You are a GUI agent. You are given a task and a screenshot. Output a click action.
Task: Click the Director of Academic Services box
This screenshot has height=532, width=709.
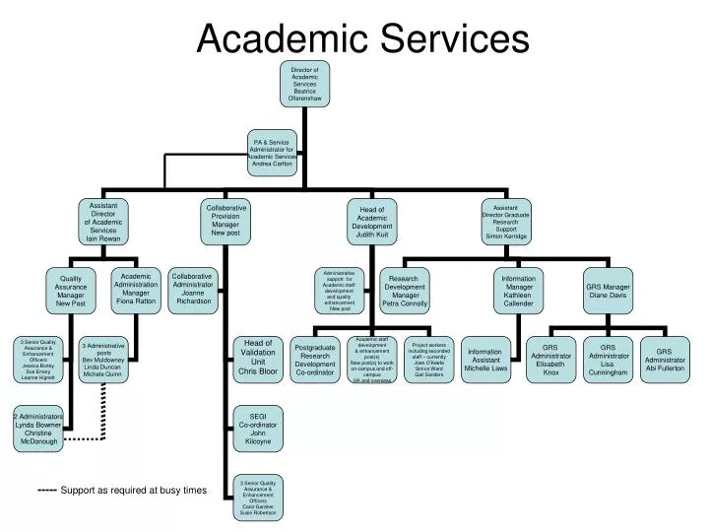pyautogui.click(x=305, y=85)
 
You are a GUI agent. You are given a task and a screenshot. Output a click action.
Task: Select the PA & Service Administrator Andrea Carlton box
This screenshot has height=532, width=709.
pyautogui.click(x=273, y=153)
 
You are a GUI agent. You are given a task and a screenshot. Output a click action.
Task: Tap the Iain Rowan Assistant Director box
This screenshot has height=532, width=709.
pyautogui.click(x=103, y=222)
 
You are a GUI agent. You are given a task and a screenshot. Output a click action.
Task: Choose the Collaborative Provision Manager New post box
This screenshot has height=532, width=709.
pyautogui.click(x=226, y=221)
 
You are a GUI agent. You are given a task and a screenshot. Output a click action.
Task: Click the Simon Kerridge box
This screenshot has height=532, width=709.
pyautogui.click(x=506, y=223)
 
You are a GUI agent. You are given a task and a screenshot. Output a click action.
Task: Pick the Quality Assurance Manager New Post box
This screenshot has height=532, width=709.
pyautogui.click(x=71, y=291)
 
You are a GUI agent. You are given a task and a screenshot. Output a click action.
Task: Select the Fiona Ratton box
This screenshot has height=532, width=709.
pyautogui.click(x=136, y=290)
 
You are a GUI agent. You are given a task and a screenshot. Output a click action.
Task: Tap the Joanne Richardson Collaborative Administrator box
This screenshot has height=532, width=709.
pyautogui.click(x=192, y=289)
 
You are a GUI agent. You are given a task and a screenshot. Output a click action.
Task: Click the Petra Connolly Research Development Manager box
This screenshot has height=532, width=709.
pyautogui.click(x=406, y=290)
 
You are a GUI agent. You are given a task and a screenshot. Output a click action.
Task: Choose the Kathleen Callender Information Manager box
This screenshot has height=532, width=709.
pyautogui.click(x=518, y=290)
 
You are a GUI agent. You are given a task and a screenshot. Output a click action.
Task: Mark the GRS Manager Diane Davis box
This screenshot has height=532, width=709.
pyautogui.click(x=609, y=291)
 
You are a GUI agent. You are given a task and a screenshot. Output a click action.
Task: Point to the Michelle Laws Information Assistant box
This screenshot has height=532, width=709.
pyautogui.click(x=484, y=360)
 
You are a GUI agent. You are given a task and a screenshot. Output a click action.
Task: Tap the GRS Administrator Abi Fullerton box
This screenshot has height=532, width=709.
pyautogui.click(x=664, y=360)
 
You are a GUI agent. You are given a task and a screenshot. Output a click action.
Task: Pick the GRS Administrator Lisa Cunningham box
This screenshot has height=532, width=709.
pyautogui.click(x=609, y=360)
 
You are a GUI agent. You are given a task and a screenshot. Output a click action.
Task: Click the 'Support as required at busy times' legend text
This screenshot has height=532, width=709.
pyautogui.click(x=134, y=490)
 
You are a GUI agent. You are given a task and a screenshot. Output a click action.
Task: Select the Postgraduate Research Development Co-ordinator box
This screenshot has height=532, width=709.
pyautogui.click(x=315, y=360)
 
